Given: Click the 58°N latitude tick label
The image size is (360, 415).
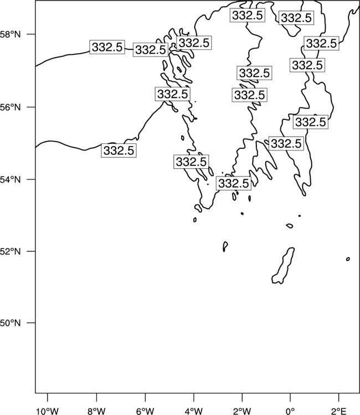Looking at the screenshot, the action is coord(10,34).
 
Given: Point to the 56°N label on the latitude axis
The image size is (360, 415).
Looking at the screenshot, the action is coord(10,107).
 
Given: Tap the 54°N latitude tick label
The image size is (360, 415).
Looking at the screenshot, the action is coord(10,180).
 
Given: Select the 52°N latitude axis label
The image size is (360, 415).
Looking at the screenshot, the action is coord(10,251).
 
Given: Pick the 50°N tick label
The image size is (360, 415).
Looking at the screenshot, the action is coord(10,323).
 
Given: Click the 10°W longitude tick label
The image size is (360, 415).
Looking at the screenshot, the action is coord(48,411).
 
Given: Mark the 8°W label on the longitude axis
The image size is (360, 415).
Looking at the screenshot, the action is coord(96,411).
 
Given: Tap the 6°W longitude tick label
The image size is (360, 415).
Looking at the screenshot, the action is coord(145,411).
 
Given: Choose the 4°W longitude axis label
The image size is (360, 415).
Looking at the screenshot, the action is coord(194,411).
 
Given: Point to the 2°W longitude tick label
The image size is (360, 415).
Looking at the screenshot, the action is coord(242,411).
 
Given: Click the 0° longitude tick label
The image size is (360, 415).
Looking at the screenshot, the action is coord(290,411).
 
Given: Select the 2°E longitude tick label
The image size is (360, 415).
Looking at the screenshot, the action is coord(339,411).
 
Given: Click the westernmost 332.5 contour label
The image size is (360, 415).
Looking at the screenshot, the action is coord(107,48).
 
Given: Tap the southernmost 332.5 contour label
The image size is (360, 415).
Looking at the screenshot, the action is coord(234,183).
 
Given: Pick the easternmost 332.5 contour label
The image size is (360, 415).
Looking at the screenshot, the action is coord(321,43).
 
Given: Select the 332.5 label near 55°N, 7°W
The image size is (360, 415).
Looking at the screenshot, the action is coord(119,151).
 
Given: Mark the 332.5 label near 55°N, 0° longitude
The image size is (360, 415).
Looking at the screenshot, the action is coord(286,143).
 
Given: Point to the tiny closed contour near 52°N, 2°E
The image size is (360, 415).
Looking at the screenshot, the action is coord(348,259).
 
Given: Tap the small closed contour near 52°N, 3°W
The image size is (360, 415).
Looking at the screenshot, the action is coord(225,246).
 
